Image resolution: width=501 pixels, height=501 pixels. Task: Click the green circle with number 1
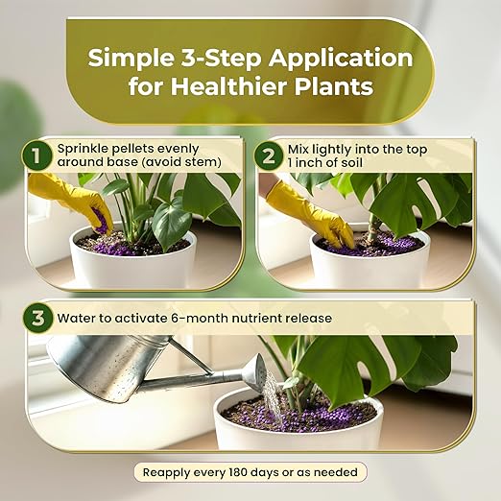point(36,156)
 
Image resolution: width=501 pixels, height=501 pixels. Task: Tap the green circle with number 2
point(269,156)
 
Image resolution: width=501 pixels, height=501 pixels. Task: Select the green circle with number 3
point(37,318)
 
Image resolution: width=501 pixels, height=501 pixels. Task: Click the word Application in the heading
point(341,60)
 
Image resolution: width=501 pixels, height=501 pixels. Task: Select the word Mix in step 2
point(298,150)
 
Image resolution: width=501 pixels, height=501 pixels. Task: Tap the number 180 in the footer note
point(238,472)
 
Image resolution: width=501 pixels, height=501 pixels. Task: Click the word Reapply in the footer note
point(166,473)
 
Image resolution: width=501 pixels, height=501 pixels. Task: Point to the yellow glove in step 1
point(74,201)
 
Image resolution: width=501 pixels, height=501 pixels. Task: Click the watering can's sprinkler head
point(257,372)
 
